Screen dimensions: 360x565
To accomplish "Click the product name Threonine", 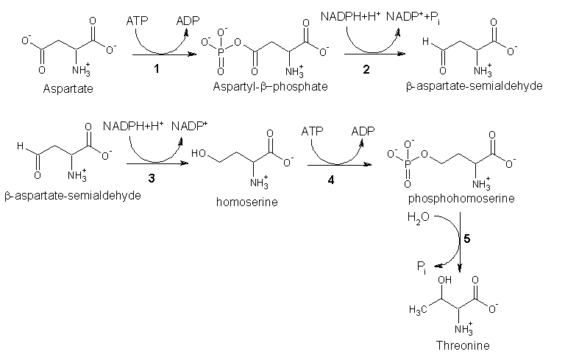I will tap(462, 345).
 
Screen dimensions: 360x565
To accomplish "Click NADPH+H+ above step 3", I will tap(133, 127).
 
